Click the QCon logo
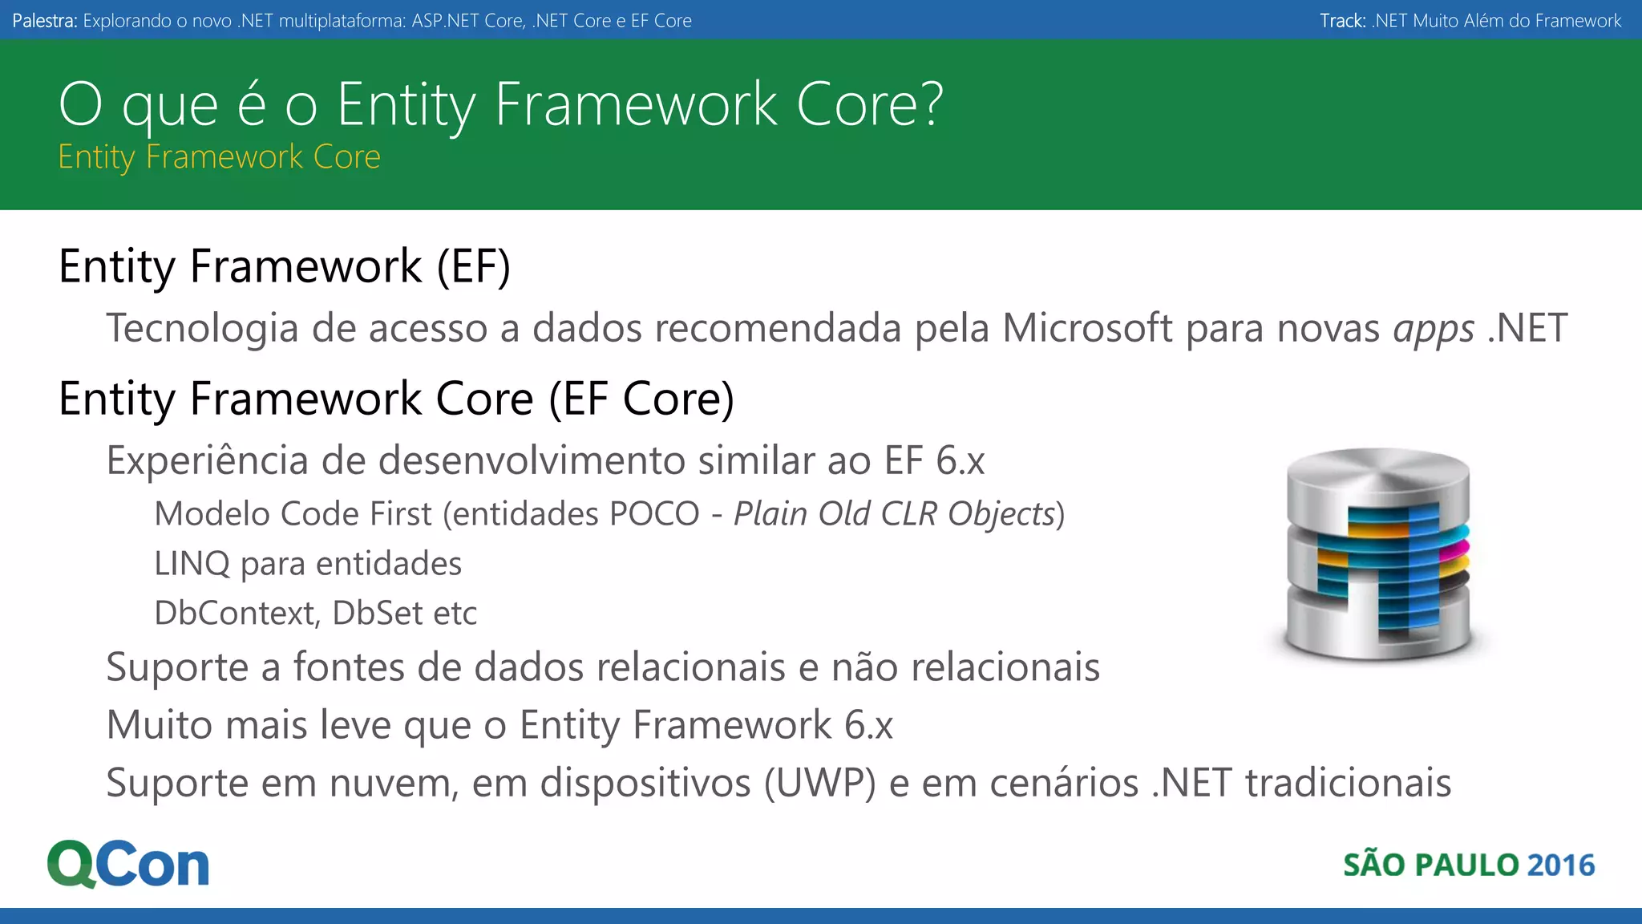tap(128, 865)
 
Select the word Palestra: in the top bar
tap(45, 21)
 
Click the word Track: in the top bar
tap(1343, 21)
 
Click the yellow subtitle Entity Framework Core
tap(219, 157)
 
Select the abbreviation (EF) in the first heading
tap(473, 267)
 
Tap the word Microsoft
tap(1087, 328)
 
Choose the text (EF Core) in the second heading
tap(641, 399)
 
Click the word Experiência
tap(208, 461)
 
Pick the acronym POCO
tap(654, 514)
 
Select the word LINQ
tap(192, 564)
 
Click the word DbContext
tap(237, 614)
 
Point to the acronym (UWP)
tap(819, 784)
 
